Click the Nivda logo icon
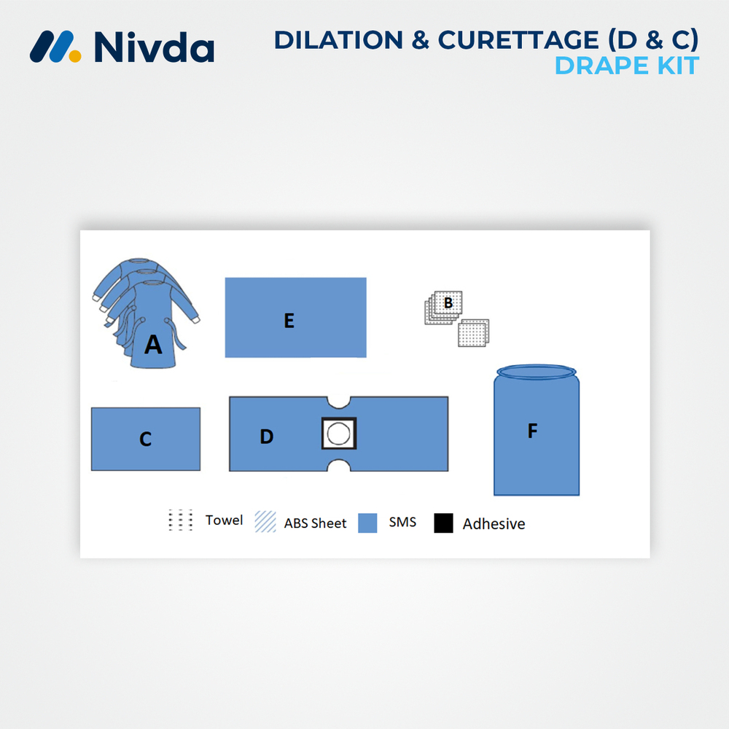click(x=55, y=47)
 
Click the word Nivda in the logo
click(x=154, y=47)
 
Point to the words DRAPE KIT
click(x=626, y=66)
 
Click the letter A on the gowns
click(x=153, y=344)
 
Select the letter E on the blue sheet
click(x=289, y=321)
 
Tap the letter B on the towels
click(x=448, y=302)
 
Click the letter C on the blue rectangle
click(x=145, y=440)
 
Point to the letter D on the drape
click(x=267, y=436)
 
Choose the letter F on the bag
click(x=532, y=431)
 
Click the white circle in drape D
click(x=338, y=434)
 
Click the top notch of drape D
click(x=339, y=402)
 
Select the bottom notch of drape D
click(x=339, y=466)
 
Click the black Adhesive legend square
click(x=443, y=523)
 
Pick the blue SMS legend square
click(x=367, y=523)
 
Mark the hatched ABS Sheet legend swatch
click(x=265, y=522)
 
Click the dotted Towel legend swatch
click(x=180, y=521)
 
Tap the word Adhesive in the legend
click(x=494, y=523)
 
